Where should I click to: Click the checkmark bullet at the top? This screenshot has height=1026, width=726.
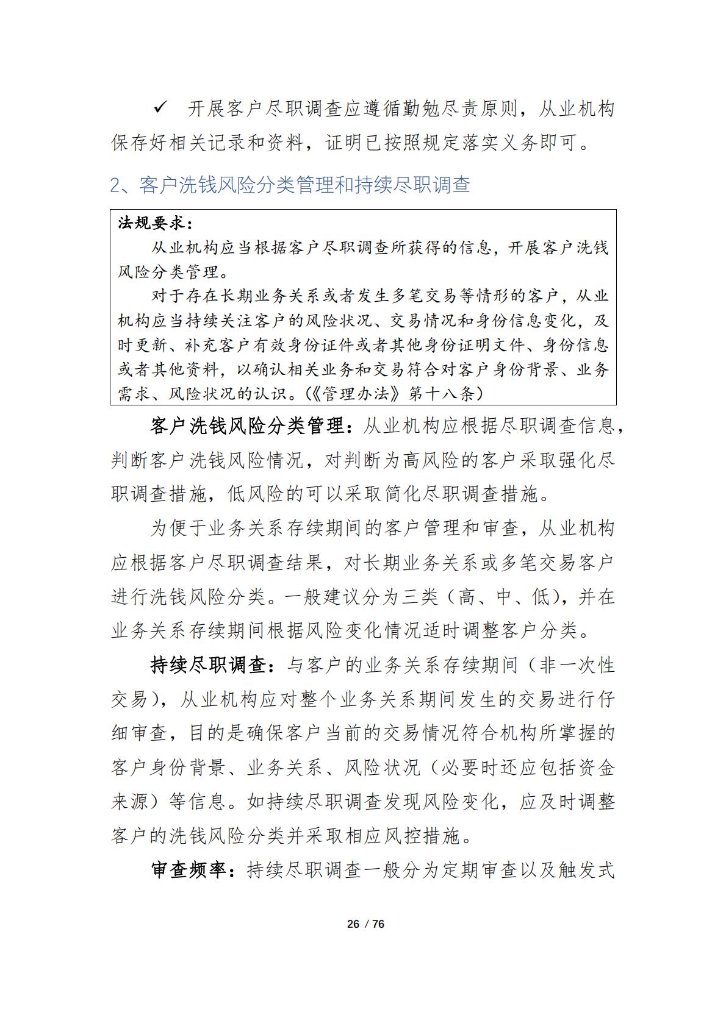point(161,108)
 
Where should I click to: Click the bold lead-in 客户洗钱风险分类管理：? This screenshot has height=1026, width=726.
point(251,426)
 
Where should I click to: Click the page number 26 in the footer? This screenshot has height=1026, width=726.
point(353,924)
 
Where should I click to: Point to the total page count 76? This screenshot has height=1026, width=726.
point(378,924)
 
